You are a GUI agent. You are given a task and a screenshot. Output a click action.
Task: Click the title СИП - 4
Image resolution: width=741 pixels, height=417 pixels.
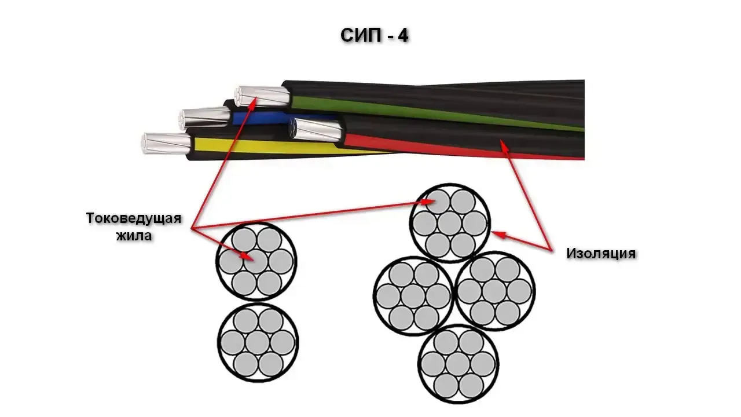[x=375, y=36]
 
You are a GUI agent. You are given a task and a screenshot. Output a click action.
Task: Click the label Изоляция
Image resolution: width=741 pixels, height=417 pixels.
[x=601, y=253]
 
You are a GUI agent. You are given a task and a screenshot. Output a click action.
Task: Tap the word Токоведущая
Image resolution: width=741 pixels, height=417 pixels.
[x=134, y=219]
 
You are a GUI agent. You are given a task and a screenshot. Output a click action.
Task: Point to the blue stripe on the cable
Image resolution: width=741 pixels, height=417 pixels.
[x=261, y=118]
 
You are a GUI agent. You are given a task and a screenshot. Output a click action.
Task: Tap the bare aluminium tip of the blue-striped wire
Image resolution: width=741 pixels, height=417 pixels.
[x=203, y=117]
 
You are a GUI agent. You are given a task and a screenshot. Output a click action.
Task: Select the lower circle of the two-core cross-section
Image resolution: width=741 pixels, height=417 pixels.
[x=258, y=341]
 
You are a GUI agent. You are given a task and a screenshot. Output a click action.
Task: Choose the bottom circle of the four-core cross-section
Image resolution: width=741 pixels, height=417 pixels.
[x=458, y=364]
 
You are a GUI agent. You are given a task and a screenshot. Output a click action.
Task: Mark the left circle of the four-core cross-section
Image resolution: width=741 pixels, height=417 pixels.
[x=413, y=295]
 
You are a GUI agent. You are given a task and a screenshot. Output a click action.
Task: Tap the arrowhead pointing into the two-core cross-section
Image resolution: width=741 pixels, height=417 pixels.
[x=249, y=257]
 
